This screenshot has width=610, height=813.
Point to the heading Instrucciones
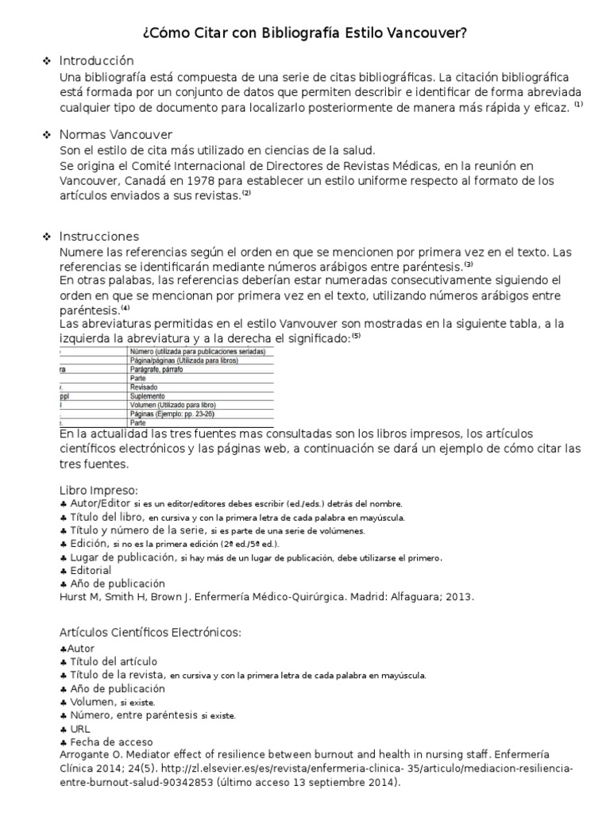(x=99, y=236)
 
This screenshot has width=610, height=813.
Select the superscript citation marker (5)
(x=356, y=336)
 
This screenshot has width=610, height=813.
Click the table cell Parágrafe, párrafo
(x=161, y=369)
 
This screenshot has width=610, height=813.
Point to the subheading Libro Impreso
(x=98, y=489)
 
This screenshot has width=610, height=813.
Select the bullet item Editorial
(x=91, y=570)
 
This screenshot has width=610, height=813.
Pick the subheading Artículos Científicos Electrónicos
(x=149, y=631)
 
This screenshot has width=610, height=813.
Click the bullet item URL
(x=80, y=728)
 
